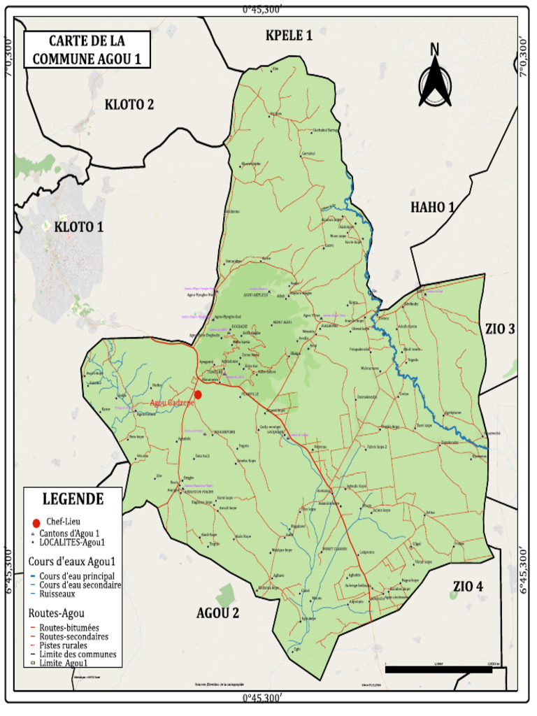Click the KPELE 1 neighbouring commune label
288,35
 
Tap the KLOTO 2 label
129,105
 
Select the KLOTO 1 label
78,227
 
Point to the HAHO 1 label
433,206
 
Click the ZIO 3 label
500,328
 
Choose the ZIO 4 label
468,585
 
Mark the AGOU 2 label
217,614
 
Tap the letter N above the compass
434,49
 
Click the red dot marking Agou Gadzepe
198,394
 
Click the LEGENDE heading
73,499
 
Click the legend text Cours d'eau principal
73,575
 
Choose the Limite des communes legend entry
78,654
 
